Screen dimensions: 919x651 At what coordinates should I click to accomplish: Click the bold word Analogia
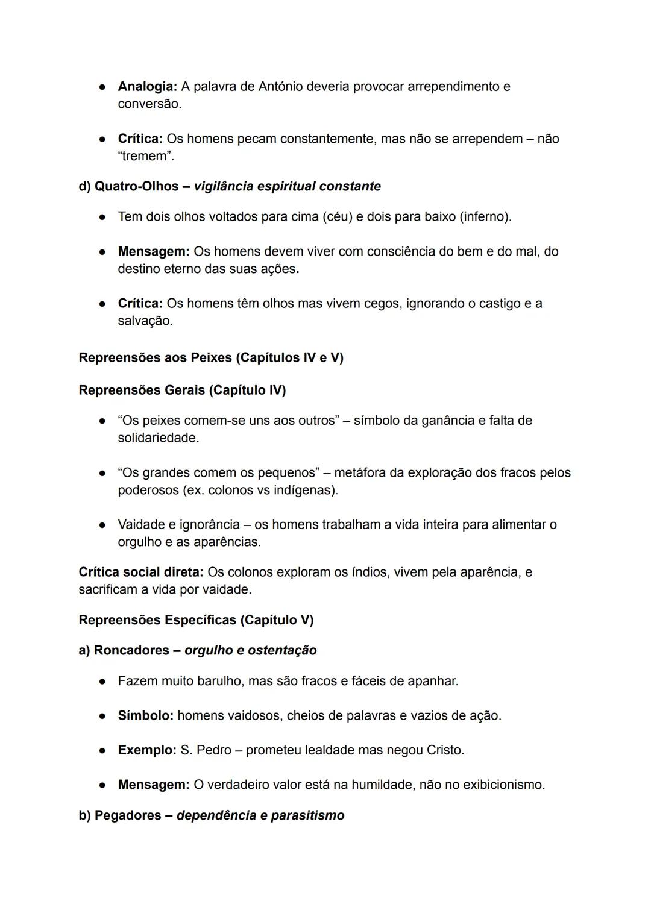[x=147, y=86]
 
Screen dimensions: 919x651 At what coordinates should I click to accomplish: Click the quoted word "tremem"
[x=145, y=156]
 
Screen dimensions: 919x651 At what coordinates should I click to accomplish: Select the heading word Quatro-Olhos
[x=136, y=186]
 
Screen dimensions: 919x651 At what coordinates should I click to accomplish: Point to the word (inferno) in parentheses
[x=485, y=216]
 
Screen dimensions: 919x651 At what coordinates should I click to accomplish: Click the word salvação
[x=145, y=321]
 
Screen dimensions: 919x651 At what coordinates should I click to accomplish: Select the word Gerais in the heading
[x=184, y=390]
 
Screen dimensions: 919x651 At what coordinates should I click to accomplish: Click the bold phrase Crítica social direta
[x=141, y=572]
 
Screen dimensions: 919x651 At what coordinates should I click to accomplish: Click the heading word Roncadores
[x=131, y=650]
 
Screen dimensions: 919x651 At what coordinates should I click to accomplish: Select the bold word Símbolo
[x=145, y=715]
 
